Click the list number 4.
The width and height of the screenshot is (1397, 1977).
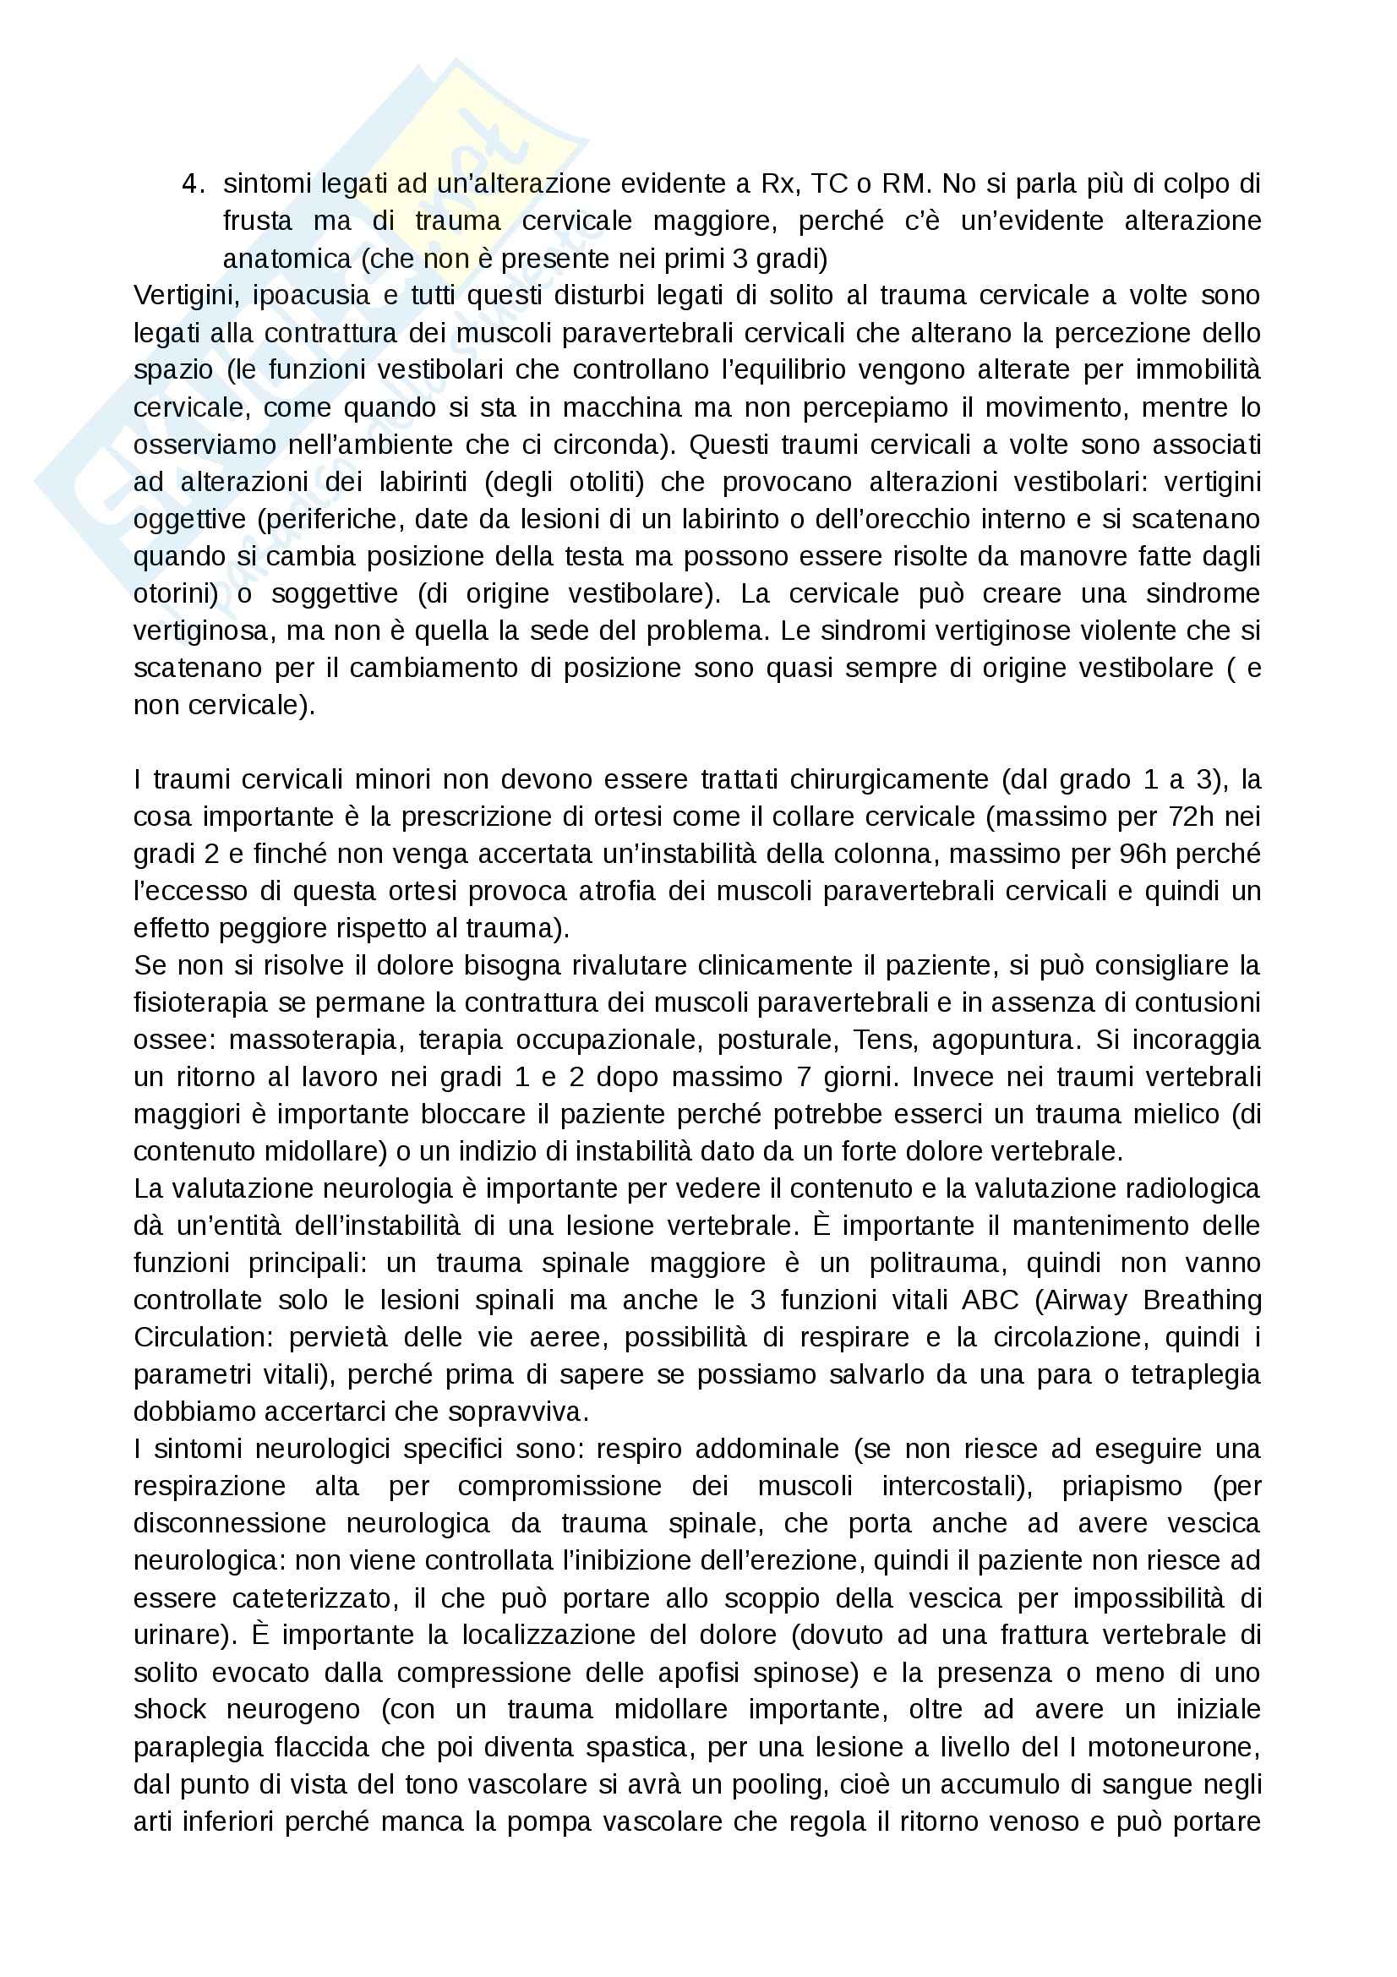[192, 184]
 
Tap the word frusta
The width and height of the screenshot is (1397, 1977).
[258, 221]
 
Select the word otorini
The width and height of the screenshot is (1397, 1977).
[175, 594]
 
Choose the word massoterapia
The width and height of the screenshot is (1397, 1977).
[315, 1040]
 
